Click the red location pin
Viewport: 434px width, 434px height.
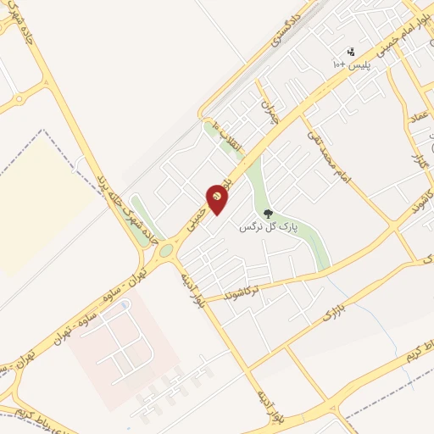coord(217,198)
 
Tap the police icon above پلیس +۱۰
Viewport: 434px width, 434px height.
coord(352,52)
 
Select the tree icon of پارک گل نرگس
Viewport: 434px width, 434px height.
coord(268,214)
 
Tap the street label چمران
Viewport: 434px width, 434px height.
coord(270,112)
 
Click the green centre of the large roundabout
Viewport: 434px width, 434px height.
coord(166,249)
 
